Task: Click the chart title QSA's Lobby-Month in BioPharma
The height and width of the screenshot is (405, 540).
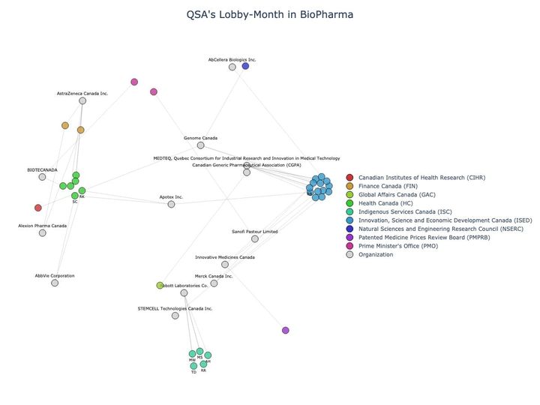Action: pyautogui.click(x=269, y=14)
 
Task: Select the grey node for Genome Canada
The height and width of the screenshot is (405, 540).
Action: pyautogui.click(x=200, y=145)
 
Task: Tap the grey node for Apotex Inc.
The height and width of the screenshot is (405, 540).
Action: pyautogui.click(x=171, y=204)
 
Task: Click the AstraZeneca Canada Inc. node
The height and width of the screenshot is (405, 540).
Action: pyautogui.click(x=82, y=100)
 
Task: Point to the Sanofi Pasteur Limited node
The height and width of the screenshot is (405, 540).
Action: pyautogui.click(x=255, y=238)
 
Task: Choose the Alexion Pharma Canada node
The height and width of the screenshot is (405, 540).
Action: pyautogui.click(x=42, y=232)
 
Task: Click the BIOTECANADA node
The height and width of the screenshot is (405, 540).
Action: pyautogui.click(x=43, y=177)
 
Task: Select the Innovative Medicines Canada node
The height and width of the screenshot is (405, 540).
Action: pyautogui.click(x=225, y=264)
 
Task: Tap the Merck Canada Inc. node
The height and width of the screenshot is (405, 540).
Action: pyautogui.click(x=214, y=283)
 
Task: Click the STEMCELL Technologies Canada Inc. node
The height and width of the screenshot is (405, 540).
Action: pyautogui.click(x=175, y=316)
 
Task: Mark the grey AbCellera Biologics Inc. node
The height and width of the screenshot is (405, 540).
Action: pyautogui.click(x=232, y=67)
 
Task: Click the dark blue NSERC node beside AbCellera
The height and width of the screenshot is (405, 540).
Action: pyautogui.click(x=245, y=66)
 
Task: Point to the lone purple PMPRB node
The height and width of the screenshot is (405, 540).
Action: pyautogui.click(x=285, y=330)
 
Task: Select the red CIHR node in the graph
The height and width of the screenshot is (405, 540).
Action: pyautogui.click(x=38, y=208)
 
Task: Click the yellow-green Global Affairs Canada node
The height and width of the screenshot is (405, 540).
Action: pyautogui.click(x=160, y=285)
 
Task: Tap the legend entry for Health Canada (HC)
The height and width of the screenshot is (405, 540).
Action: pyautogui.click(x=385, y=202)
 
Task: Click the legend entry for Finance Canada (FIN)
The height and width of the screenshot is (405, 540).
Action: pyautogui.click(x=388, y=185)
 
